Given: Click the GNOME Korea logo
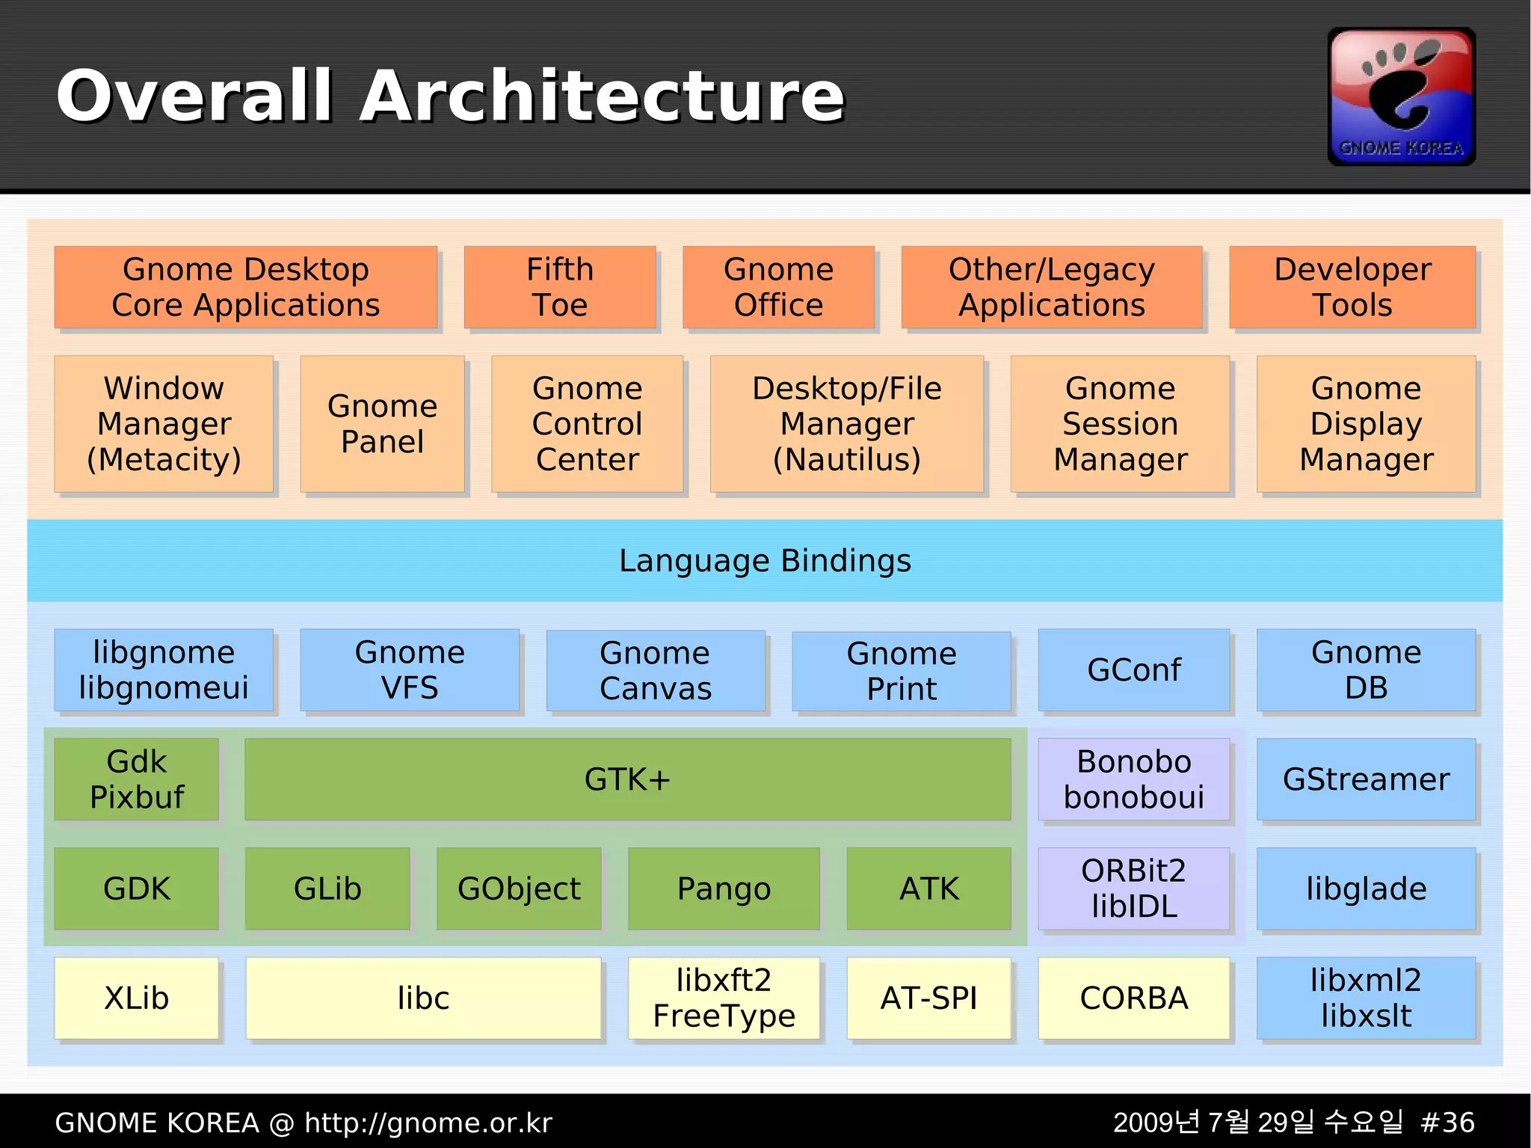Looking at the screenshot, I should (x=1401, y=96).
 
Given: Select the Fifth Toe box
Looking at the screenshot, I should (x=559, y=287).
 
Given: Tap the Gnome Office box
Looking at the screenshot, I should (x=778, y=287).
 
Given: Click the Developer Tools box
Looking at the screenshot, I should (x=1352, y=287).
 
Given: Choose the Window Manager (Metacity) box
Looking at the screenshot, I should (x=164, y=423).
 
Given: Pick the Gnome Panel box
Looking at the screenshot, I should (x=382, y=423).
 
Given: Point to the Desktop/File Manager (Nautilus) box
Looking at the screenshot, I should (x=846, y=423).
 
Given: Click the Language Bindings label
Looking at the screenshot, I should (x=765, y=561).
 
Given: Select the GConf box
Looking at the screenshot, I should (x=1133, y=670).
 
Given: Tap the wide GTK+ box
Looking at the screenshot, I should (x=627, y=779).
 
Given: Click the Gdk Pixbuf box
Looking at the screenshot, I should (x=137, y=779).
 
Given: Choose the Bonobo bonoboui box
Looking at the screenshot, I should (x=1133, y=779).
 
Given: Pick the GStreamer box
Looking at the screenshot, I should (x=1366, y=779).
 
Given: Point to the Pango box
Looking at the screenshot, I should (x=724, y=888).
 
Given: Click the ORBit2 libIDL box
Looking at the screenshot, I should (x=1133, y=888).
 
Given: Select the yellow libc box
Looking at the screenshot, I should (x=423, y=998).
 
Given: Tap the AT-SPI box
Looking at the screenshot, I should (x=928, y=998).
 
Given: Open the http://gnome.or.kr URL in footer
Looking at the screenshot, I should (x=428, y=1123).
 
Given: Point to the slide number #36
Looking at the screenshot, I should (x=1447, y=1123).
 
